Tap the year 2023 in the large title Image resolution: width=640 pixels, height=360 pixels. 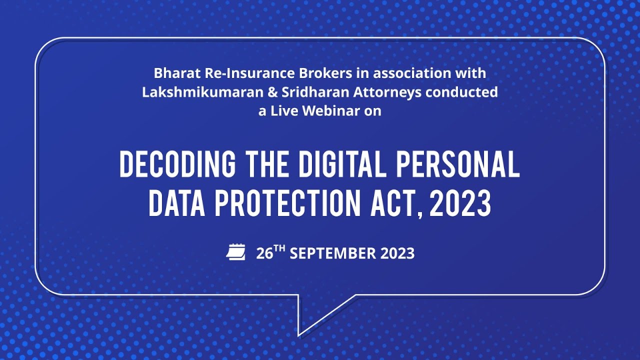click(460, 203)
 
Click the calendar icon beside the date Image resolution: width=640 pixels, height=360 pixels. click(236, 252)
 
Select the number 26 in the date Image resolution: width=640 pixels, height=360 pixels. click(264, 253)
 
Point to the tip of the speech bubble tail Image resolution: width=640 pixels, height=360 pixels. click(299, 335)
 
